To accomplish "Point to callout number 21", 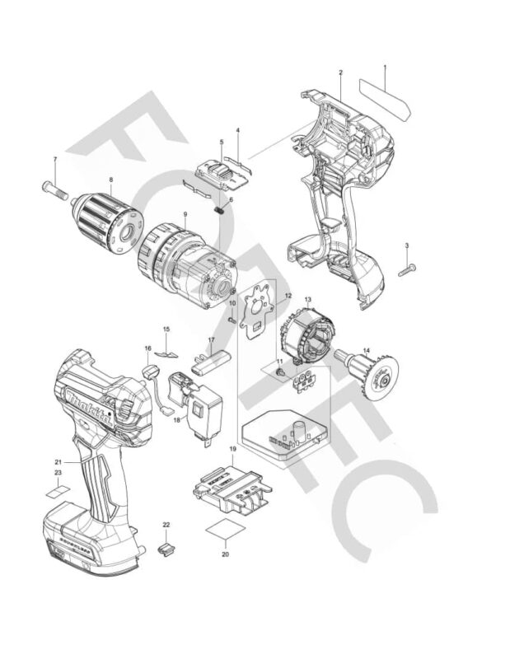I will [58, 461].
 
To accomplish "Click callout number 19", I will [233, 450].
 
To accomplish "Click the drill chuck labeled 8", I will [104, 217].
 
